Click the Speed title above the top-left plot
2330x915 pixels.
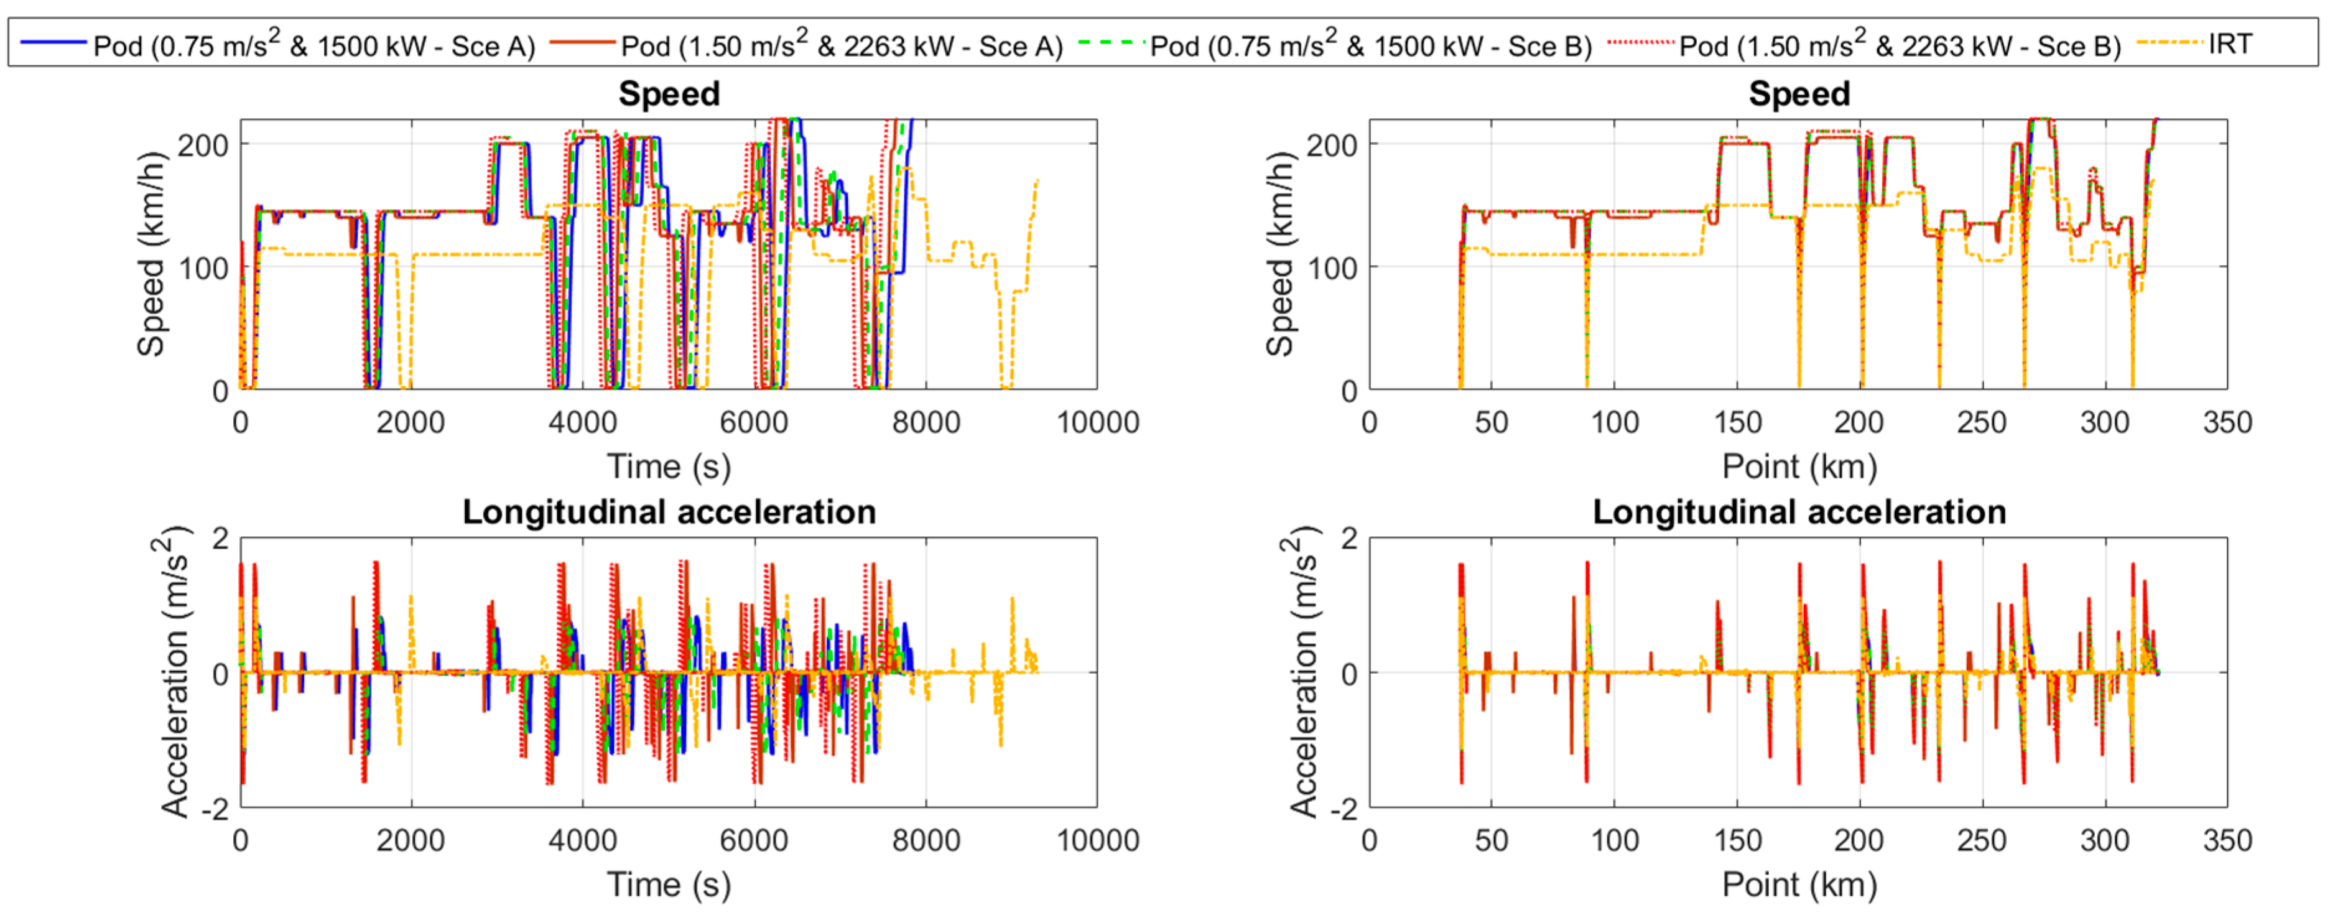[669, 94]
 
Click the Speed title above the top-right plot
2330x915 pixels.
[1798, 94]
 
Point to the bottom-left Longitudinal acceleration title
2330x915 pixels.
[669, 512]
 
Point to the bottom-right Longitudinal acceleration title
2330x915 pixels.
[1798, 512]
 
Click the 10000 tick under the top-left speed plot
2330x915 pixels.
[1097, 422]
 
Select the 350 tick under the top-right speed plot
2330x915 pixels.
[2226, 422]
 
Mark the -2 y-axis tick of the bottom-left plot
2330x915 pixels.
[215, 808]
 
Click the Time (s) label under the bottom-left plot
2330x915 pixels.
[669, 885]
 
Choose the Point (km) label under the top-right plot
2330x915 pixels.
[1798, 467]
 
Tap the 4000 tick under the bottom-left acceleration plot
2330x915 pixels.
[582, 840]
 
